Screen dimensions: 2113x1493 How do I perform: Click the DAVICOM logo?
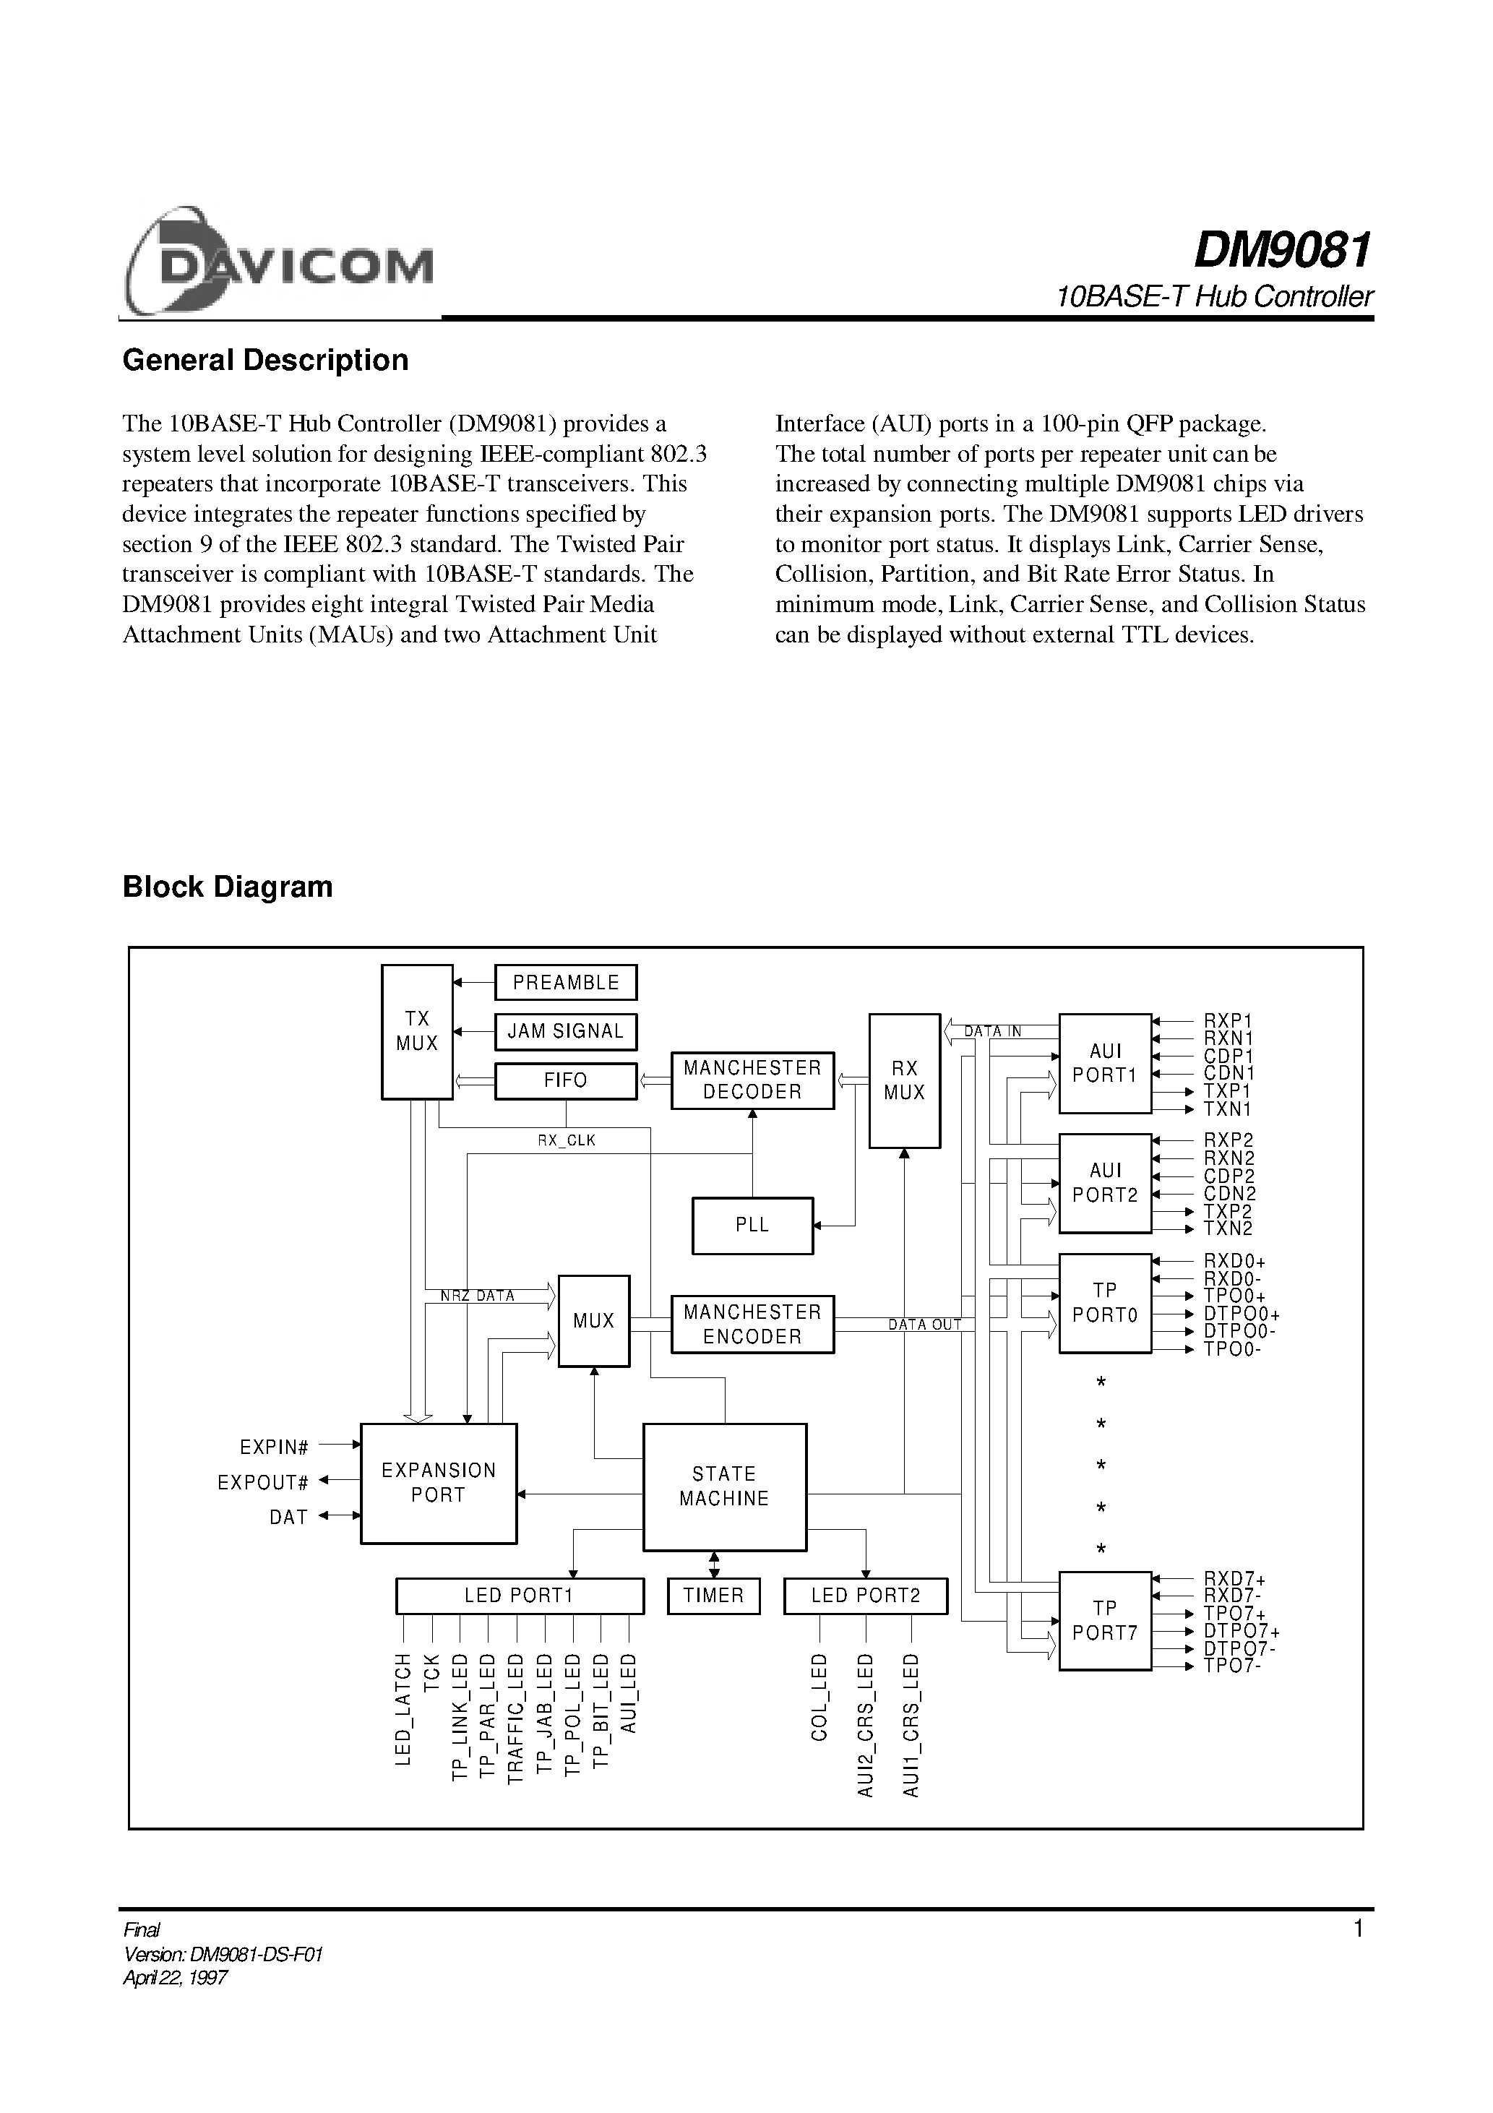(x=278, y=263)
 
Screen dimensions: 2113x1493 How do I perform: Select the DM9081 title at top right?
(x=1281, y=250)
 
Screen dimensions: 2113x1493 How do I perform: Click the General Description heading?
(x=265, y=360)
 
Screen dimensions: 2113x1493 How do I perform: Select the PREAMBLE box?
(x=565, y=982)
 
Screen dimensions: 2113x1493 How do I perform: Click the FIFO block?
(x=565, y=1080)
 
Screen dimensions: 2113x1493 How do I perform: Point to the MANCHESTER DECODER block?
(x=752, y=1080)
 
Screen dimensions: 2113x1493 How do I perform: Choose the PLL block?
(x=752, y=1225)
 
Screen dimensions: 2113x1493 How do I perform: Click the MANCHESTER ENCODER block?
(x=752, y=1325)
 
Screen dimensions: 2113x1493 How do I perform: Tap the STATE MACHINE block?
(x=724, y=1486)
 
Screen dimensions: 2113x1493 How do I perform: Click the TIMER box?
(x=713, y=1595)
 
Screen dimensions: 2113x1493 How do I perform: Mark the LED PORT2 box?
(x=865, y=1595)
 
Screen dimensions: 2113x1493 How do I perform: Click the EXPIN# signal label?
(x=273, y=1447)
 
